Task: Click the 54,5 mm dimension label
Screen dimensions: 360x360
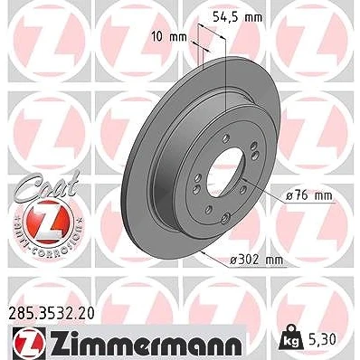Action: pos(238,17)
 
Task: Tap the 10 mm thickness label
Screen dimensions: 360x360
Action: pos(169,37)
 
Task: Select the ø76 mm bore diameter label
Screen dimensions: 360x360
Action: pos(308,196)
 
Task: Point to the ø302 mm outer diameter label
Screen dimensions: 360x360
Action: pos(256,260)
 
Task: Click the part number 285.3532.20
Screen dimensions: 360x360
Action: pos(50,313)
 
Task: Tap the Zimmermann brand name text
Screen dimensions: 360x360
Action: pos(146,343)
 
